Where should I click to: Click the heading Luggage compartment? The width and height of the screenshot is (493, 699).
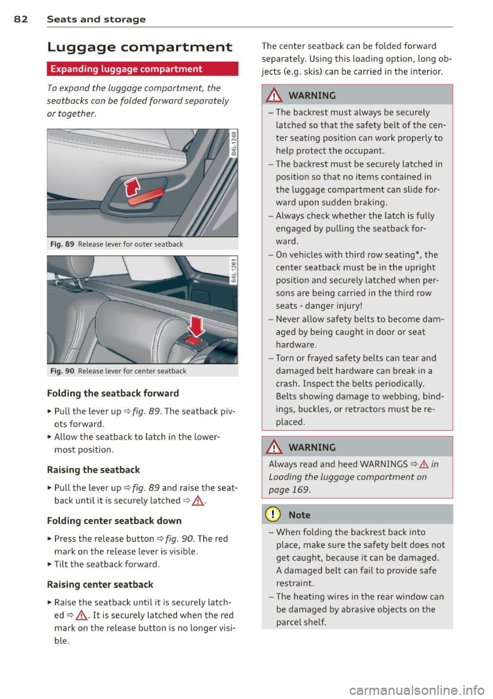[139, 47]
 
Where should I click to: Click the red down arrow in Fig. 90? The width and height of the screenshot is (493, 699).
[196, 325]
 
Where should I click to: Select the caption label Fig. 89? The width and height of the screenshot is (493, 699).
[62, 244]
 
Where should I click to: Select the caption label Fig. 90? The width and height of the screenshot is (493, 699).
[62, 371]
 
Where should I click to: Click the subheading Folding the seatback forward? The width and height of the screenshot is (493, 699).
[113, 393]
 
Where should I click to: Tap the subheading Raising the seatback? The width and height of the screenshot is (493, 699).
[93, 470]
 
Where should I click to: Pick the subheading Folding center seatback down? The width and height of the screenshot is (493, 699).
[114, 521]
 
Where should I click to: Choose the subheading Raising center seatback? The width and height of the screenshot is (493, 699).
[100, 584]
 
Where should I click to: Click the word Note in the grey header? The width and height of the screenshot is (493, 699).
[299, 515]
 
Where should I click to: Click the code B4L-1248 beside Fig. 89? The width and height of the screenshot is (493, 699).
[234, 144]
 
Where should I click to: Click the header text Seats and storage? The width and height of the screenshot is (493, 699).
[96, 19]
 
